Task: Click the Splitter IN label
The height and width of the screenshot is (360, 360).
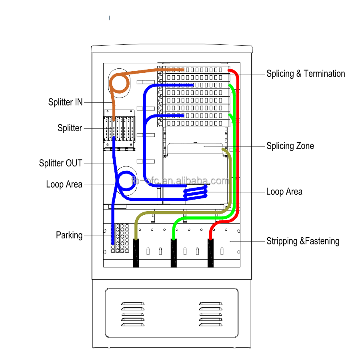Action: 66,102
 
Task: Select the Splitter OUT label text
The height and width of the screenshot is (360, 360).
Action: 61,163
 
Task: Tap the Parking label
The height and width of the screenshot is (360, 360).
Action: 69,235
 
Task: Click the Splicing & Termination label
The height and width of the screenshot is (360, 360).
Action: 306,74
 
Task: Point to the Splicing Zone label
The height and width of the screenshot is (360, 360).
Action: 290,146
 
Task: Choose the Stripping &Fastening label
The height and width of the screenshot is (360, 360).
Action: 303,241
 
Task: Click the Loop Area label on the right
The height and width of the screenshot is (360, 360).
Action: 284,192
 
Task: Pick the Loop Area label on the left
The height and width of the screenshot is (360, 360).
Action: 64,184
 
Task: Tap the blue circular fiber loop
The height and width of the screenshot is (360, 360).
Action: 117,181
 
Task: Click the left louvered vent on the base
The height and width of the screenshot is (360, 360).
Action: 133,314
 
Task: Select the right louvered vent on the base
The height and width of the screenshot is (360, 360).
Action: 211,314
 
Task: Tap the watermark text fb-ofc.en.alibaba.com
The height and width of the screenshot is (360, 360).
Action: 180,181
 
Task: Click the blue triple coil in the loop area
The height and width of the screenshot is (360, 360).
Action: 196,192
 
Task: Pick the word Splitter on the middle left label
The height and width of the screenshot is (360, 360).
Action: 70,128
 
